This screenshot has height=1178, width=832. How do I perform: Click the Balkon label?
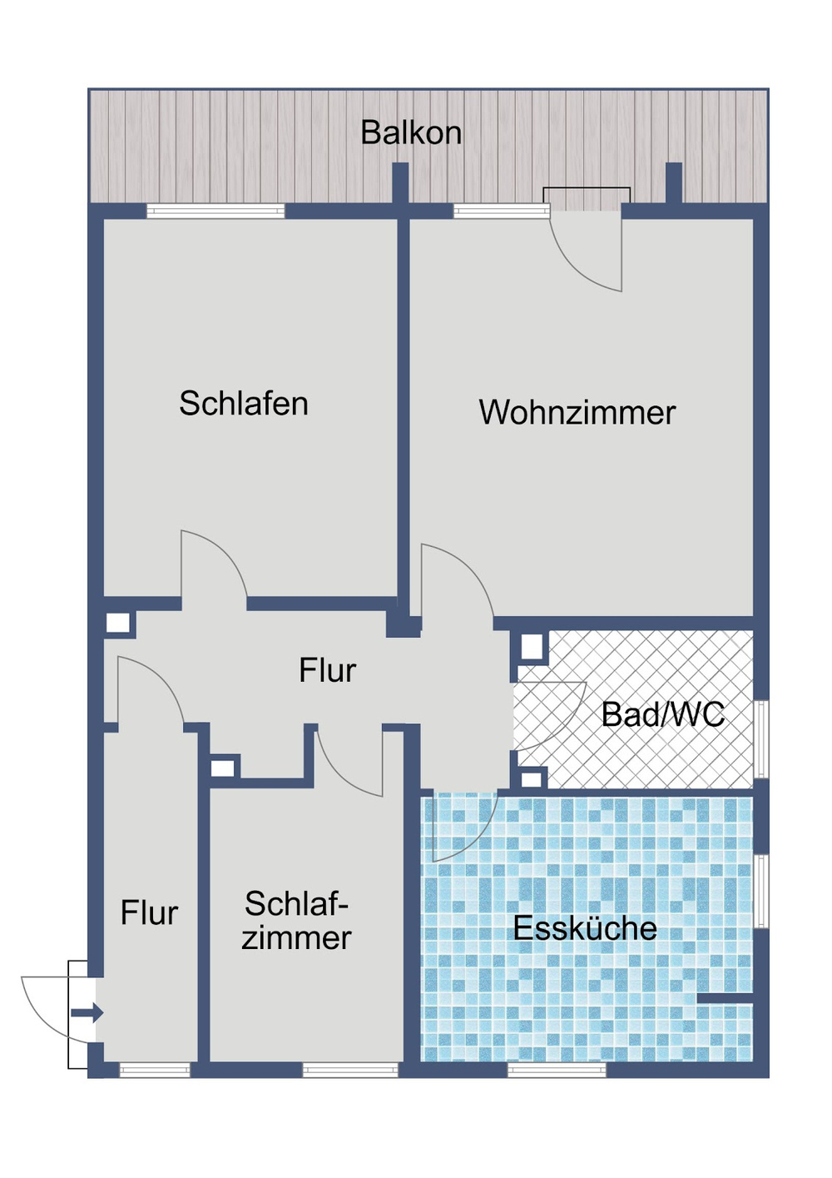tap(411, 133)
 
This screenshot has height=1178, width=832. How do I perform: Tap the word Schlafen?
tap(244, 404)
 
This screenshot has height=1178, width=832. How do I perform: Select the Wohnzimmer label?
tap(577, 413)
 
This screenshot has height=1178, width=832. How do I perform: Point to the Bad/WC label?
tap(662, 714)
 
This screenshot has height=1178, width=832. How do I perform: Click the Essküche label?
tap(585, 928)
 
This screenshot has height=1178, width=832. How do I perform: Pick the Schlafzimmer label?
tap(296, 921)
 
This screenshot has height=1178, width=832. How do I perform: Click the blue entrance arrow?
tap(87, 1013)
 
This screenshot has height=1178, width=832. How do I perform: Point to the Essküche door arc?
tap(466, 828)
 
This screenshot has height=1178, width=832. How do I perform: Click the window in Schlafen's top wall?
tap(215, 211)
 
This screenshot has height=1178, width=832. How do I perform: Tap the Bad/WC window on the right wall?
tap(760, 739)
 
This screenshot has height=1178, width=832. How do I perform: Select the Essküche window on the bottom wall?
tap(557, 1070)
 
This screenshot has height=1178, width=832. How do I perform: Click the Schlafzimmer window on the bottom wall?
tap(350, 1070)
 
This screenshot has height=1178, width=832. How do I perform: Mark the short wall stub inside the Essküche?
tap(724, 998)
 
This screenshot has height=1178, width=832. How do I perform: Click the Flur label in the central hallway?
tap(327, 671)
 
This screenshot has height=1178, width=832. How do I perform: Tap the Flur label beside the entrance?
tap(149, 913)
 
